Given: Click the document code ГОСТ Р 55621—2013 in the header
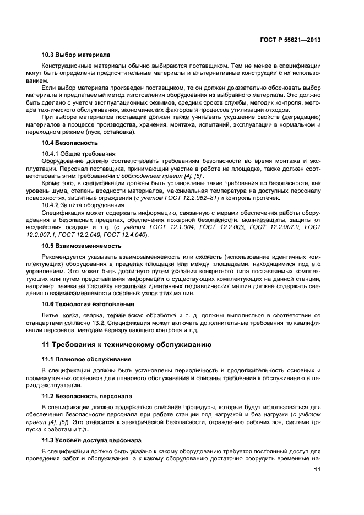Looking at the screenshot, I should (291, 40).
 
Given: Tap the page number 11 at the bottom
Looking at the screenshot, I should (317, 469).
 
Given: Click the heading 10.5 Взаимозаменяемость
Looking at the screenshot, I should (82, 246).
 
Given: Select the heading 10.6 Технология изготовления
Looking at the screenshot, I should (88, 303).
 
